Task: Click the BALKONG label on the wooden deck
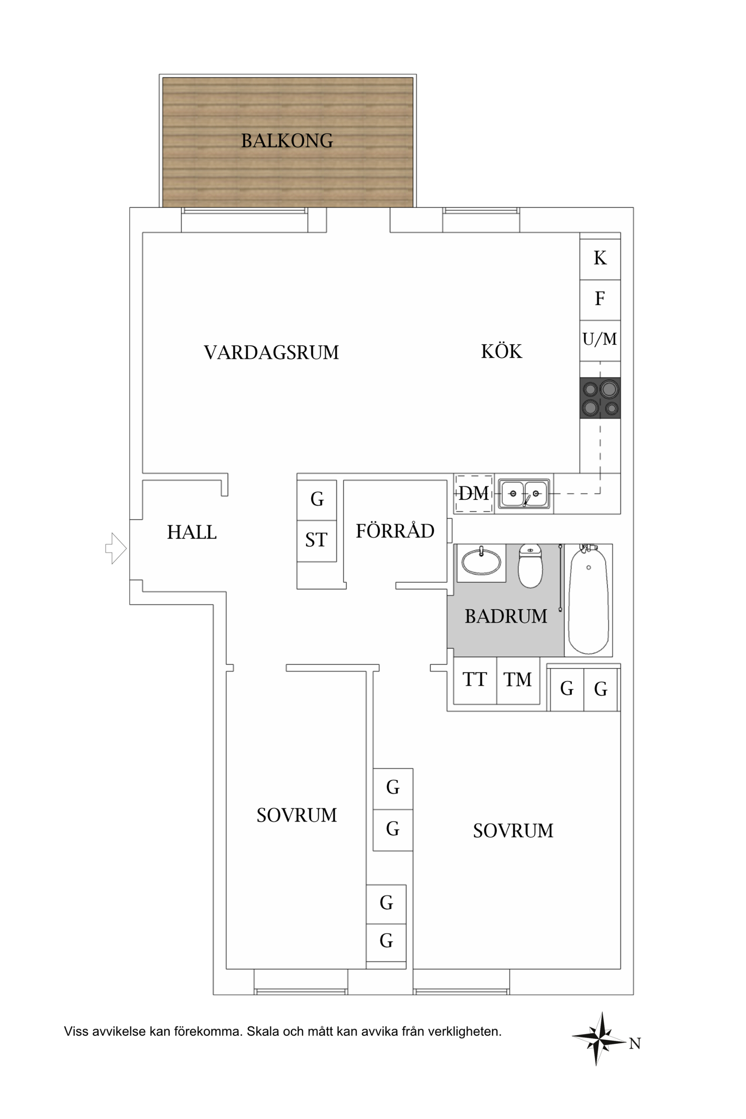pos(287,141)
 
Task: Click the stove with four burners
pos(600,398)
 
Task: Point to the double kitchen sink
pos(524,493)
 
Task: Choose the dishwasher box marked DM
pos(473,493)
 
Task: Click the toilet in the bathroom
pos(530,566)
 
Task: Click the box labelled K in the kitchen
pos(600,258)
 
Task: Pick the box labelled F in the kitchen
pos(600,299)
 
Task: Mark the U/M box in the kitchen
pos(600,340)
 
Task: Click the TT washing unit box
pos(475,680)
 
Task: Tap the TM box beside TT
pos(518,680)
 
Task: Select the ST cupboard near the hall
pos(316,540)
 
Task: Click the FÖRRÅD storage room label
pos(395,531)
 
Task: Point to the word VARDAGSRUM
pos(271,353)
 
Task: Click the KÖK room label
pos(501,352)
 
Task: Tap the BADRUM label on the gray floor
pos(505,616)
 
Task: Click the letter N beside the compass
pos(635,1043)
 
